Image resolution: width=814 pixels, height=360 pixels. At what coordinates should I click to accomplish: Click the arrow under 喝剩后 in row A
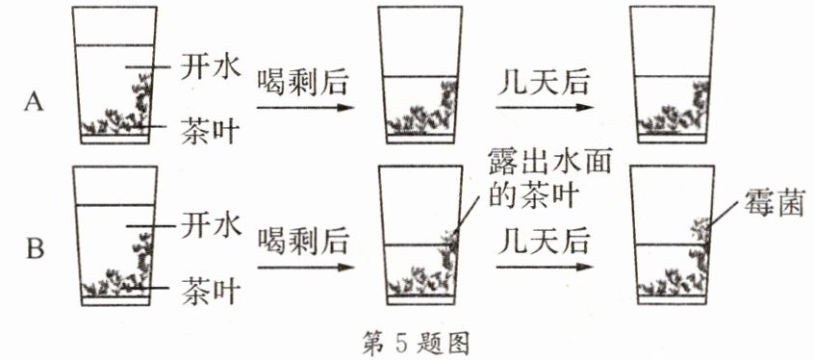[x=300, y=107]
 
